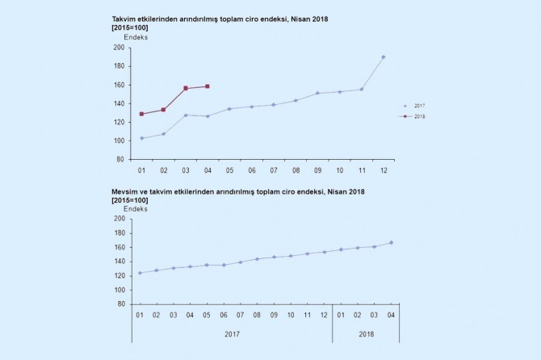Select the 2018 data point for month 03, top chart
186,88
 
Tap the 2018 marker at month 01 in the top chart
141,114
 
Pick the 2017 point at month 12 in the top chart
384,57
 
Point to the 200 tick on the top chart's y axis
119,48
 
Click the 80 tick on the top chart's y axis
120,159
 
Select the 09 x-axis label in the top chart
317,171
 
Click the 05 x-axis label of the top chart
229,171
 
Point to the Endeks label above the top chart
136,37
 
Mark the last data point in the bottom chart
392,242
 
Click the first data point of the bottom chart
140,273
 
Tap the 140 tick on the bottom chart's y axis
119,261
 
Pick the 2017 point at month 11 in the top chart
362,89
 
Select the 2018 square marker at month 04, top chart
208,86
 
